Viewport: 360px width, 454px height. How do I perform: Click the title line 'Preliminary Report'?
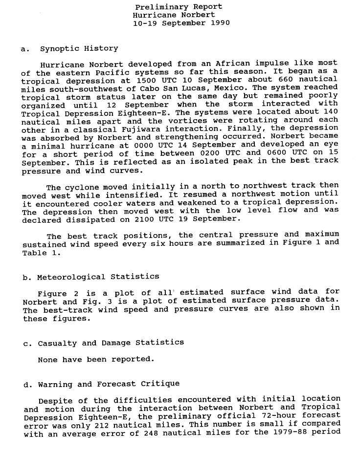click(179, 7)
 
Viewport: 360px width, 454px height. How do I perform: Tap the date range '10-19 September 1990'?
click(181, 23)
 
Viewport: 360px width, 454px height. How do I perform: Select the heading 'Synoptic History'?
click(79, 48)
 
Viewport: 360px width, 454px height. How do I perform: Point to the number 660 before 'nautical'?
click(286, 80)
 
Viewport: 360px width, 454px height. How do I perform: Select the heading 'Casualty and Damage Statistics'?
click(111, 343)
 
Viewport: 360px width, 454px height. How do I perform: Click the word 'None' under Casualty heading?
click(48, 359)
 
